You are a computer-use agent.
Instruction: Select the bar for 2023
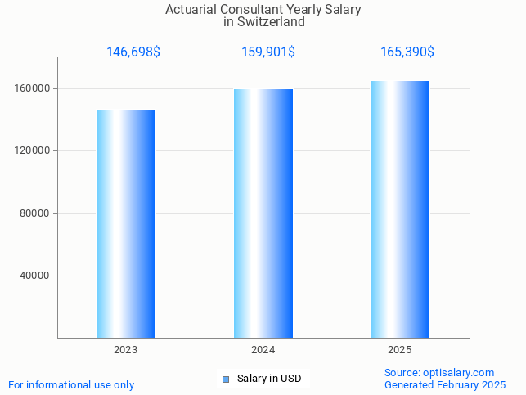(126, 223)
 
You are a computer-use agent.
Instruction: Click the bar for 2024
(263, 213)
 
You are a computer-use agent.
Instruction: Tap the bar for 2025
(400, 209)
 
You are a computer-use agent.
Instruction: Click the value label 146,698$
(133, 52)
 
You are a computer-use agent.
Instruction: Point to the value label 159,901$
(268, 52)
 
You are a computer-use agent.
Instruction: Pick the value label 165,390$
(407, 52)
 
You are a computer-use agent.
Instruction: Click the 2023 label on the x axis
(126, 350)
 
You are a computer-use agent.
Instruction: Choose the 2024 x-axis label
(263, 350)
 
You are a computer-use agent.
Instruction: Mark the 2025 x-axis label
(400, 350)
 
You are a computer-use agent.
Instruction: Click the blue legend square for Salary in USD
(227, 379)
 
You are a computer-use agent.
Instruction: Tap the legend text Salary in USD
(269, 379)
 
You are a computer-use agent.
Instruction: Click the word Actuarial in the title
(191, 10)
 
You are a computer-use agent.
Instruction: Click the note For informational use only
(71, 384)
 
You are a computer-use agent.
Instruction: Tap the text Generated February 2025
(445, 384)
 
